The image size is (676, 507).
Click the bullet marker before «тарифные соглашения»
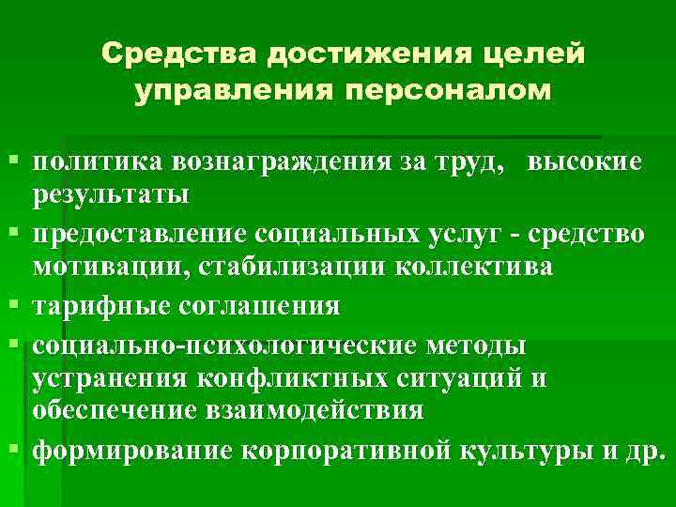(11, 306)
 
